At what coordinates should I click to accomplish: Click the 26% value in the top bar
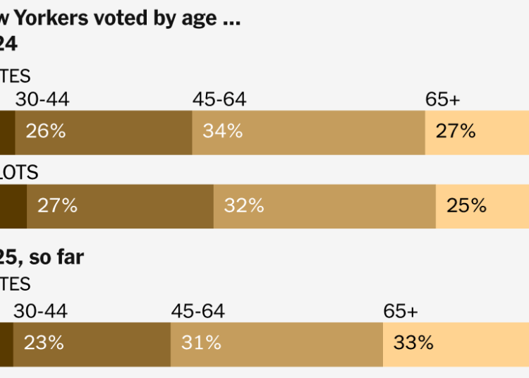pos(45,131)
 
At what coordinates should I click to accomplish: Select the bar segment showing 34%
pos(308,132)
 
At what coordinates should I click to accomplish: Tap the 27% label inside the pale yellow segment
pos(456,131)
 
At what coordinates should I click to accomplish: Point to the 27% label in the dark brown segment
pos(57,206)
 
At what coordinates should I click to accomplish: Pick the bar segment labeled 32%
pos(324,207)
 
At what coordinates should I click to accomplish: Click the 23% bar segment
pos(91,344)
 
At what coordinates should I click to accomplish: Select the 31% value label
pos(201,343)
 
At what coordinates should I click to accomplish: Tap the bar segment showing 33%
pos(456,344)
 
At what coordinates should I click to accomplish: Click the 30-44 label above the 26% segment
pos(42,100)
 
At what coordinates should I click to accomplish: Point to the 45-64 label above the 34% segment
pos(219,100)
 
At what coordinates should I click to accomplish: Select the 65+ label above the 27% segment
pos(443,100)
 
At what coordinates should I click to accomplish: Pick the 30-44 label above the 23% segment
pos(42,312)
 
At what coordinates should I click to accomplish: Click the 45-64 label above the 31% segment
pos(198,312)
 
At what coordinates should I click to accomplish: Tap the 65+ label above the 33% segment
pos(401,312)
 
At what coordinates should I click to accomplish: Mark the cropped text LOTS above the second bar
pos(19,172)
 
